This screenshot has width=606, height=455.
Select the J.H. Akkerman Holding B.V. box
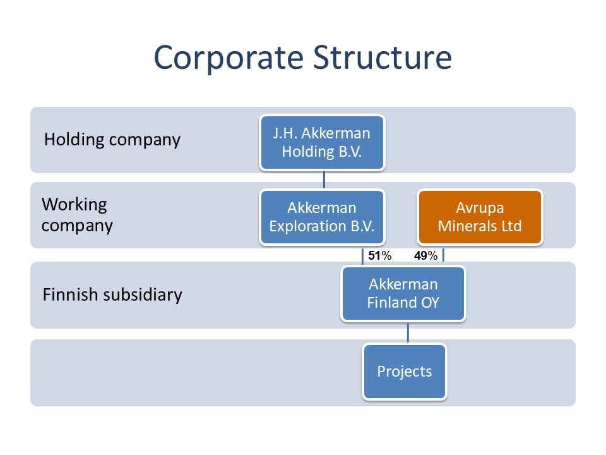pyautogui.click(x=322, y=143)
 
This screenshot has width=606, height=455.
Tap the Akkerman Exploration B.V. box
pyautogui.click(x=322, y=217)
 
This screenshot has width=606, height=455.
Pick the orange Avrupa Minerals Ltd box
pyautogui.click(x=480, y=217)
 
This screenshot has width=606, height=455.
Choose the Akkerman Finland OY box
pyautogui.click(x=403, y=294)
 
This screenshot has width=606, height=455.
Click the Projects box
pyautogui.click(x=405, y=371)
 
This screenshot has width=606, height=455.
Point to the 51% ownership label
pyautogui.click(x=380, y=256)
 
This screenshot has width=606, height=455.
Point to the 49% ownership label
pyautogui.click(x=426, y=256)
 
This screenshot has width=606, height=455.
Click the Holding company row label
pyautogui.click(x=112, y=140)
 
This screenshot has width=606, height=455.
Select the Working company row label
pyautogui.click(x=77, y=215)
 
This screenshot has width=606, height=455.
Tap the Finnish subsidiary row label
pyautogui.click(x=112, y=294)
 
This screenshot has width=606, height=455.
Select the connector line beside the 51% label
pyautogui.click(x=362, y=256)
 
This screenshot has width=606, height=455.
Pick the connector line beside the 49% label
pyautogui.click(x=443, y=256)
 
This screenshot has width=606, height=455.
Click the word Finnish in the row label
pyautogui.click(x=67, y=294)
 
